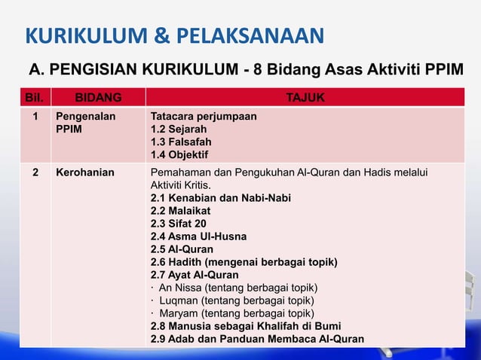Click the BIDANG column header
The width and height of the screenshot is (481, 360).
pos(97,97)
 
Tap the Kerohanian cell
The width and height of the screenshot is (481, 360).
pos(85,172)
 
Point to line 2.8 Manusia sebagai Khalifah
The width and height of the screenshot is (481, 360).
pos(245,326)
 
